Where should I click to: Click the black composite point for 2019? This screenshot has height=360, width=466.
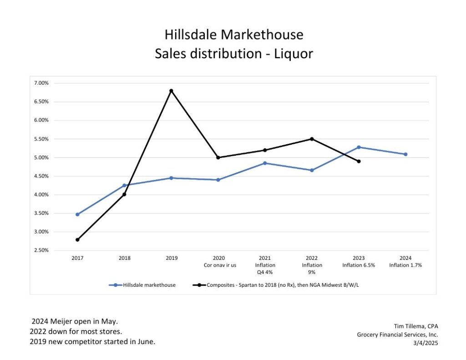(171, 91)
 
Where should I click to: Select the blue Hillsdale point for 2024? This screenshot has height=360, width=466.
(405, 154)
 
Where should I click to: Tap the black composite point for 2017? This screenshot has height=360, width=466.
(77, 239)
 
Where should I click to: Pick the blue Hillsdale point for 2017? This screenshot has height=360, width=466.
(77, 214)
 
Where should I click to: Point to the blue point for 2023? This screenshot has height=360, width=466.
(359, 147)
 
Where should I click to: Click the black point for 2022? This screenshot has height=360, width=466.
(312, 139)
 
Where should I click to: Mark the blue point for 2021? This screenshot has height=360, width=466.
(265, 163)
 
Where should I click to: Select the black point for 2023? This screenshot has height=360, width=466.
(359, 161)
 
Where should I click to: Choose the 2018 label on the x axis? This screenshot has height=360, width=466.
(124, 258)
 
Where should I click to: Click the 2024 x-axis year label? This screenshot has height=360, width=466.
(405, 258)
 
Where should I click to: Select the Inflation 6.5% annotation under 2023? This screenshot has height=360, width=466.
(358, 265)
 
